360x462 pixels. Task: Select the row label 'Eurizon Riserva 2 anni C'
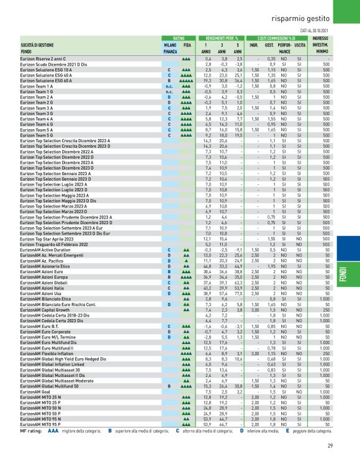click(46, 58)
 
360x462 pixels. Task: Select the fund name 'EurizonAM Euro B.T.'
click(40, 325)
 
